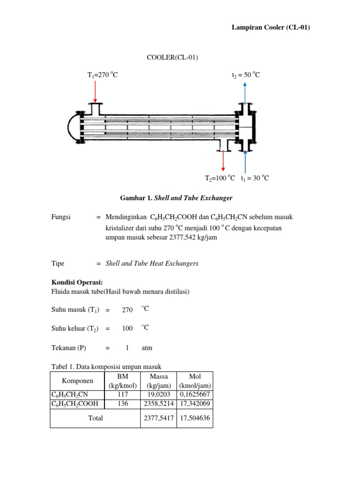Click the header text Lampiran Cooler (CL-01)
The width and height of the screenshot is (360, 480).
pos(271,28)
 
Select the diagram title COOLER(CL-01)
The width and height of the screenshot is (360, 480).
pos(172,58)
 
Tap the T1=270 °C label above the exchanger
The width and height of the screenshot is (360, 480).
pos(99,75)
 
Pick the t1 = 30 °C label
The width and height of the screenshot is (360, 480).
pos(255,179)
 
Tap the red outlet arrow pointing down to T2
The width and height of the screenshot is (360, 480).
pos(223,162)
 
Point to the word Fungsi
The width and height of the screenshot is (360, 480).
pos(60,217)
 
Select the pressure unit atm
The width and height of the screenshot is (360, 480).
pos(147,348)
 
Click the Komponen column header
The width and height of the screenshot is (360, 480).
pos(77,381)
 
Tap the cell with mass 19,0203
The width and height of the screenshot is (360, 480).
pos(159,395)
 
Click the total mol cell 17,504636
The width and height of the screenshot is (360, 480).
pos(195,418)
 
